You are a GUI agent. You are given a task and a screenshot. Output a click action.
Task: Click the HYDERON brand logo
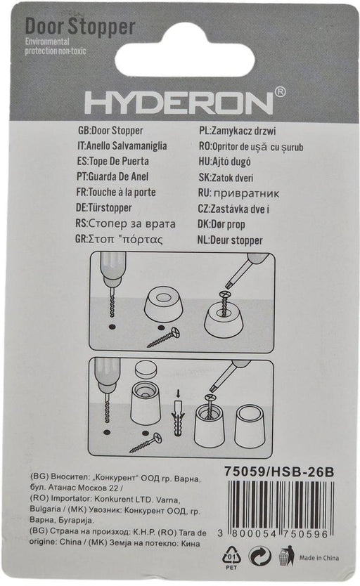click(x=179, y=103)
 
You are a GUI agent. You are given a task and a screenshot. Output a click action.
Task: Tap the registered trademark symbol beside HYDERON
click(x=280, y=92)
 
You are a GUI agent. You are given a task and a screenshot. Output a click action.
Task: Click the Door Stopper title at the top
click(x=80, y=27)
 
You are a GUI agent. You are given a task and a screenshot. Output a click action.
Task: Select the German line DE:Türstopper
click(x=103, y=208)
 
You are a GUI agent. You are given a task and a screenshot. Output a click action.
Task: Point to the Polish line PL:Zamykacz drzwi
click(x=238, y=131)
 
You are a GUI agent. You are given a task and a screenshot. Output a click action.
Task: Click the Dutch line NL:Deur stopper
click(x=230, y=240)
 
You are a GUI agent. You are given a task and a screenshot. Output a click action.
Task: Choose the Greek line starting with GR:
click(x=119, y=239)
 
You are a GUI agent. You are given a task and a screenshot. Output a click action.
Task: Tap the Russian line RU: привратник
click(x=238, y=193)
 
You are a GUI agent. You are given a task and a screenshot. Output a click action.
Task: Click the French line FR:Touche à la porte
click(x=115, y=192)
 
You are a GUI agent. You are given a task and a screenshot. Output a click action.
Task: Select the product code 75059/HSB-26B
click(x=279, y=471)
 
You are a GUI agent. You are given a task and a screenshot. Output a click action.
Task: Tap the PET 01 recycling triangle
click(x=231, y=556)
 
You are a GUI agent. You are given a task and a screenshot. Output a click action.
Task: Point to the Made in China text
click(x=319, y=558)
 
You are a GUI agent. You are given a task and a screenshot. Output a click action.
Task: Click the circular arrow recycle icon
click(x=260, y=556)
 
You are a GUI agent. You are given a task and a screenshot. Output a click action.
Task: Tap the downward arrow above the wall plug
click(x=178, y=393)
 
